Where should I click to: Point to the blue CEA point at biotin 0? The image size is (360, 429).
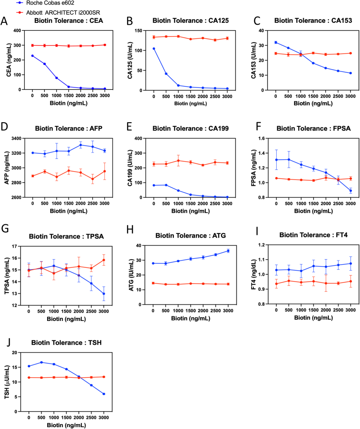coord(32,56)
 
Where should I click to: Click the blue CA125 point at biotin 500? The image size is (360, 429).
coord(166,74)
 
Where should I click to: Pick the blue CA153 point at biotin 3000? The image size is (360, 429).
coord(350,73)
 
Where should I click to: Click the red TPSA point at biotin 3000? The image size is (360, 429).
coord(104,260)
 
